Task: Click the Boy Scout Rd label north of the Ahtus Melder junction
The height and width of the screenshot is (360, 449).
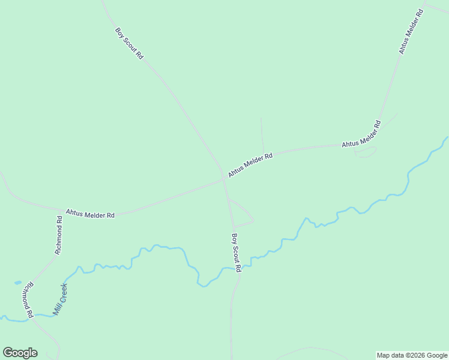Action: click(130, 43)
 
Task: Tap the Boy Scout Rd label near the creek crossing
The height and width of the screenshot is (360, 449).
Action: click(237, 253)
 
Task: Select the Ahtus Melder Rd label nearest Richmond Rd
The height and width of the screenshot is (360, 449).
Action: click(90, 213)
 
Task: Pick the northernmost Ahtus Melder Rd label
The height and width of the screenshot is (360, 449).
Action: click(412, 32)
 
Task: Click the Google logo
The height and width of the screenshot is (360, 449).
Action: click(20, 353)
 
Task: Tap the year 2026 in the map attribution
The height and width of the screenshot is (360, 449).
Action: click(417, 355)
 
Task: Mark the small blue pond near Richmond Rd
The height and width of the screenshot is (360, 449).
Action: click(18, 282)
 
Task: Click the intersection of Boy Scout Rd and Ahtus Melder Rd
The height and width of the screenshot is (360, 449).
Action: click(224, 178)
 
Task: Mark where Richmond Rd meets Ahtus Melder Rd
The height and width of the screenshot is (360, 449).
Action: click(62, 210)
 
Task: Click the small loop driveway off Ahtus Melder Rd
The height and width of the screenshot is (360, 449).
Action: click(366, 152)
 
